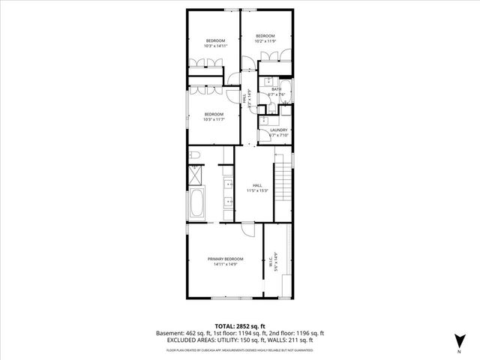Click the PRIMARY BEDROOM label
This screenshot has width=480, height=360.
pyautogui.click(x=226, y=259)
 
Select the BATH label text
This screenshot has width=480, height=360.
pyautogui.click(x=277, y=89)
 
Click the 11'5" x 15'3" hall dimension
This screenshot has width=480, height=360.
pyautogui.click(x=257, y=190)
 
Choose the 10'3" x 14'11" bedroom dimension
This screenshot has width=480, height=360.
pyautogui.click(x=214, y=46)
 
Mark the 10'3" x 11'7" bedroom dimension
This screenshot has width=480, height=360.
pyautogui.click(x=214, y=119)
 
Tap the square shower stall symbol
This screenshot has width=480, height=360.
pyautogui.click(x=193, y=174)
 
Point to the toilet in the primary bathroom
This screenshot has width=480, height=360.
pyautogui.click(x=193, y=155)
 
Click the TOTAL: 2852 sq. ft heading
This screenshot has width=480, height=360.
pyautogui.click(x=239, y=325)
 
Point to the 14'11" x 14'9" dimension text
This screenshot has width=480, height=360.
pyautogui.click(x=226, y=264)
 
